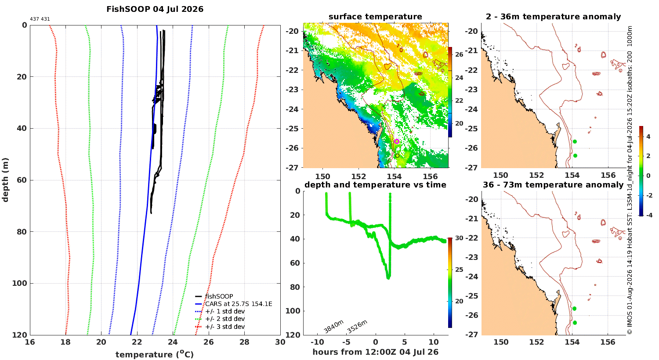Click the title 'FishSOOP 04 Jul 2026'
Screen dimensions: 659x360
click(155, 9)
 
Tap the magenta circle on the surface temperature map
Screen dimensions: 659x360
click(397, 141)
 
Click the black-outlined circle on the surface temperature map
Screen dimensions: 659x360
click(397, 156)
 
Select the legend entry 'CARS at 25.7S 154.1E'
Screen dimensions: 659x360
click(234, 304)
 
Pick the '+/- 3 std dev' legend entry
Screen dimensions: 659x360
click(220, 327)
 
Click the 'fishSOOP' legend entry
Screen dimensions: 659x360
click(214, 296)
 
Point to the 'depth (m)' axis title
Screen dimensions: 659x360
click(5, 180)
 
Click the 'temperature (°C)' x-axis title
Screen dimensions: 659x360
click(155, 354)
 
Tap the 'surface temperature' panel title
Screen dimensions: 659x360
click(375, 17)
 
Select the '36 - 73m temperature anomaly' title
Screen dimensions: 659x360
click(553, 185)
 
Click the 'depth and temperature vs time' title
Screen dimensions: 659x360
click(375, 185)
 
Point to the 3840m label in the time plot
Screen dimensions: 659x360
click(333, 327)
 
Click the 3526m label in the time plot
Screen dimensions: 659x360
click(357, 327)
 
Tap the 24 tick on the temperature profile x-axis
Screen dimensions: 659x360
click(173, 342)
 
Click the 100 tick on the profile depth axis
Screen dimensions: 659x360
click(20, 283)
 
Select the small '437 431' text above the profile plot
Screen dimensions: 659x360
click(40, 19)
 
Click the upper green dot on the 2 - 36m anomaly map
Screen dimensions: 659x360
click(575, 142)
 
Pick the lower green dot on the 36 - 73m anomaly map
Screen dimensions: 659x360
click(575, 323)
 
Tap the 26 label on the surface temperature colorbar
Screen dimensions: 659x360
click(459, 55)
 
